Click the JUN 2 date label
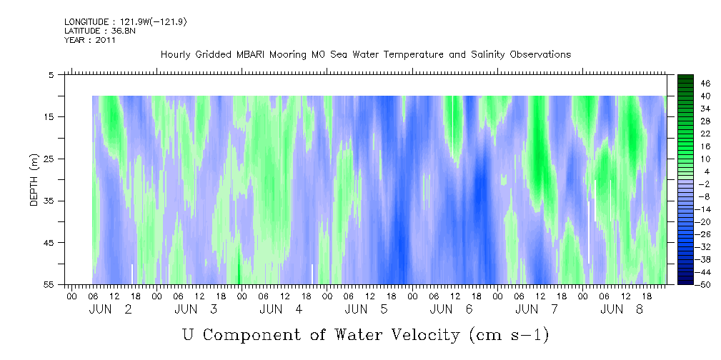(x=110, y=310)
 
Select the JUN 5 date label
(x=367, y=310)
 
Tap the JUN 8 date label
(x=622, y=310)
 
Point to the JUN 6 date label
(x=452, y=310)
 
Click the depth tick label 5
(x=51, y=75)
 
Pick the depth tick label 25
(x=49, y=159)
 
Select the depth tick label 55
(x=49, y=285)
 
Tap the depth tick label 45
(x=49, y=243)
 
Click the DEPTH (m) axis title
(x=34, y=180)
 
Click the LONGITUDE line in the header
(x=125, y=22)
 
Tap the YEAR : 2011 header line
(x=90, y=40)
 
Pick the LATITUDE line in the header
(x=100, y=31)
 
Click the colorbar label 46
(x=706, y=84)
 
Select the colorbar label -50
(x=704, y=285)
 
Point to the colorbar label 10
(x=706, y=159)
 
